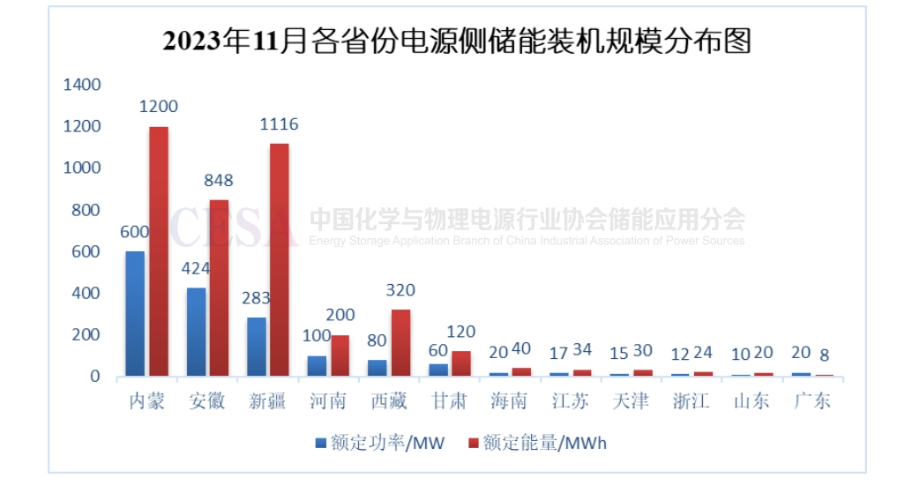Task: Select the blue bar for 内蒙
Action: (135, 314)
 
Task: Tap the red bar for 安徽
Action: (219, 288)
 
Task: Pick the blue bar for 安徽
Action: (196, 333)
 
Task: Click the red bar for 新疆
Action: (279, 260)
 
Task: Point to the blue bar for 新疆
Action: (256, 347)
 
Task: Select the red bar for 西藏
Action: (400, 343)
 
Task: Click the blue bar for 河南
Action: (317, 366)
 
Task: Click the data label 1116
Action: (279, 124)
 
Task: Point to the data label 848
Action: (218, 181)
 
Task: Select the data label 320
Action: (400, 290)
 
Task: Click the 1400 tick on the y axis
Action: (82, 85)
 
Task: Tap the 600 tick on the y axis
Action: (86, 252)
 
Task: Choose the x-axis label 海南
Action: (509, 401)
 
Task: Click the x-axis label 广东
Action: (811, 401)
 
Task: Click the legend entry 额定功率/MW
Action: (381, 443)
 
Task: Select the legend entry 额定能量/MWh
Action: (538, 443)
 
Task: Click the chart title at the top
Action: (457, 41)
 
